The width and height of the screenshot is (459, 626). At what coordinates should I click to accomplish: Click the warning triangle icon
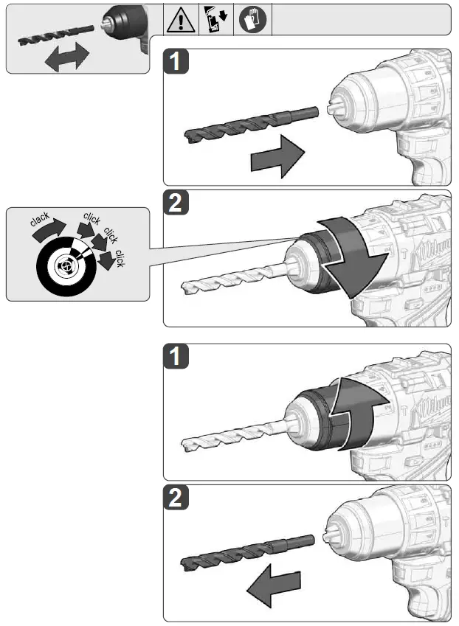[x=182, y=20]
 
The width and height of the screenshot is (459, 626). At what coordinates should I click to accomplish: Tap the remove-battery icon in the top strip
[x=217, y=20]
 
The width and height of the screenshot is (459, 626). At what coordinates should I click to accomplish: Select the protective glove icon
[x=253, y=20]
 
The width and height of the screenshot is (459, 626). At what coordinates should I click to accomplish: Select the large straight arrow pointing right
[x=277, y=157]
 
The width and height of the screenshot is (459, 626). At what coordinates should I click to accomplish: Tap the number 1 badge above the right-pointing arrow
[x=175, y=62]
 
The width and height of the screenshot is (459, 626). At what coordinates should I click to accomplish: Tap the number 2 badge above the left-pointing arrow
[x=175, y=498]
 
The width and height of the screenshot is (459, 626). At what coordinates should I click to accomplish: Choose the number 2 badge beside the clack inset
[x=175, y=204]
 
